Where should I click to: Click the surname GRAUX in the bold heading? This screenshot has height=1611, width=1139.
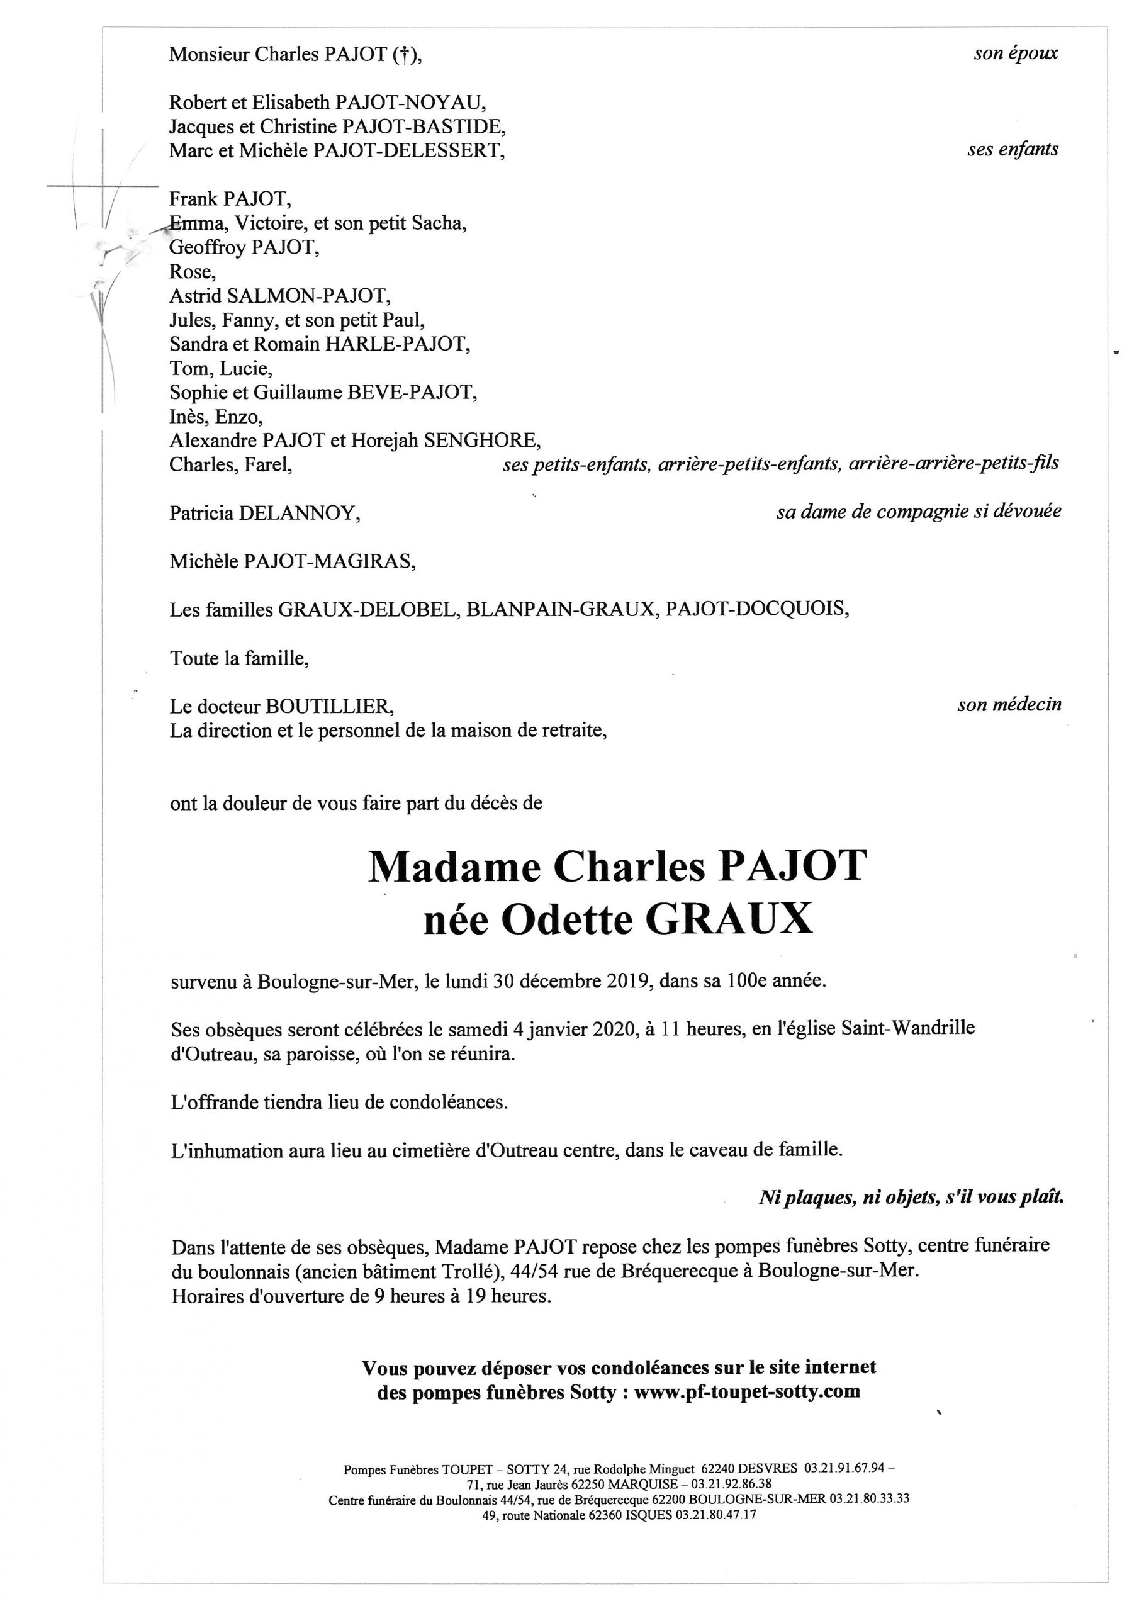[x=729, y=921]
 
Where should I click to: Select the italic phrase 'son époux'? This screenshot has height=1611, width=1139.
[x=1015, y=53]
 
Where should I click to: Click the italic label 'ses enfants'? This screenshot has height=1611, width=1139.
[x=1013, y=149]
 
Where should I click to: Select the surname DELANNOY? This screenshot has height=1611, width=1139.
[x=300, y=513]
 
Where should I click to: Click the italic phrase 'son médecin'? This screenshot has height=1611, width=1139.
[x=1009, y=704]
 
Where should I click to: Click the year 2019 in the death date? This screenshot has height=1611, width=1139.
[x=630, y=981]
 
